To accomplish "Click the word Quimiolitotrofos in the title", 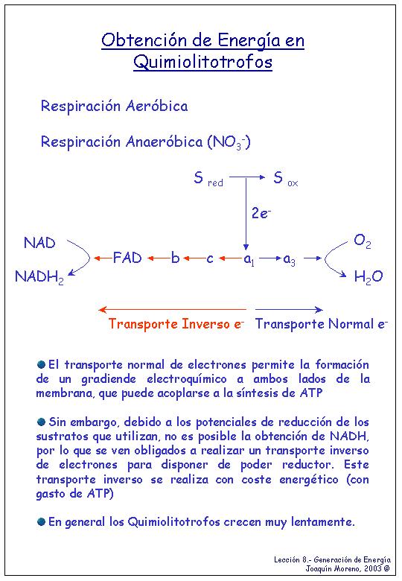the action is click(x=202, y=62).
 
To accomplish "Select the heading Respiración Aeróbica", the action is click(x=115, y=107).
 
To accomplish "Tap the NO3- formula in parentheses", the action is click(x=229, y=142).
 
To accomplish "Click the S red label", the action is click(x=208, y=178).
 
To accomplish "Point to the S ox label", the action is click(x=285, y=178).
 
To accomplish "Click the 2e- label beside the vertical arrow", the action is click(x=261, y=213).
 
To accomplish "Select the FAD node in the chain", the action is click(x=127, y=258).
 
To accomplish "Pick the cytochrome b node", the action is click(x=175, y=258).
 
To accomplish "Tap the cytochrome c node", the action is click(x=210, y=258).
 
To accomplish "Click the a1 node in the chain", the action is click(x=249, y=259).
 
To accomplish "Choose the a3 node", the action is click(x=289, y=260).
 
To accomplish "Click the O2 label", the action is click(x=362, y=241).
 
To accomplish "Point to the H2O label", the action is click(x=368, y=277).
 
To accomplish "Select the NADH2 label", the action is click(x=39, y=277).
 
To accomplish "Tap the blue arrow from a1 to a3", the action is click(x=269, y=258).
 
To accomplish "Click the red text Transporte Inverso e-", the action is click(x=176, y=324).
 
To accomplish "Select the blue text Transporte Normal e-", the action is click(x=322, y=324).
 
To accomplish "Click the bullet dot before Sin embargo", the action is click(x=41, y=422).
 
